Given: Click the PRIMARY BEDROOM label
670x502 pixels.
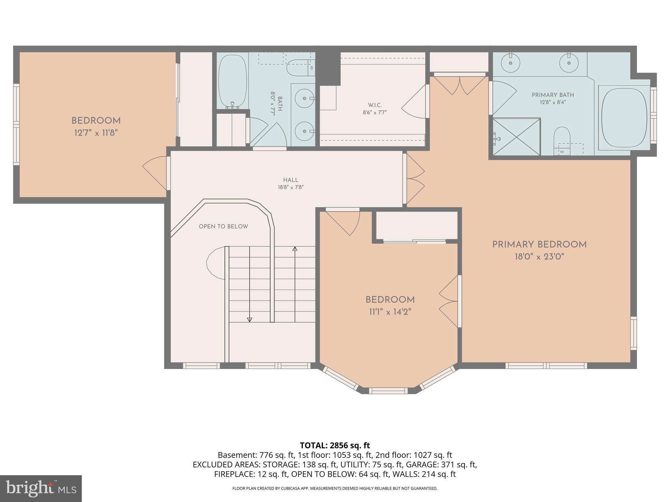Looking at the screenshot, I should tap(539, 244).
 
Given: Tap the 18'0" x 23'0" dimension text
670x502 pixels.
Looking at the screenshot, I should tap(539, 257).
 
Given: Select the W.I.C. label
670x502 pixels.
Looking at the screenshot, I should tap(375, 105).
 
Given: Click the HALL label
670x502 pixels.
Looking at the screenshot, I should tap(291, 180).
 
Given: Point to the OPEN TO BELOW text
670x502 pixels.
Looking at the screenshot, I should tap(223, 226).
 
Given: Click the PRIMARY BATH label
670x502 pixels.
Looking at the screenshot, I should tap(553, 95).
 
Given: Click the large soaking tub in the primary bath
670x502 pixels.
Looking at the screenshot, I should tap(624, 118).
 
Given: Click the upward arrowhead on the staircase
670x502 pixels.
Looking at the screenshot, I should tap(295, 249).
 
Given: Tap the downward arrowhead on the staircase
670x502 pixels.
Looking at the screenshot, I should tap(250, 320).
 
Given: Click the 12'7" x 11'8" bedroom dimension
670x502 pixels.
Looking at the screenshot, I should tap(96, 133).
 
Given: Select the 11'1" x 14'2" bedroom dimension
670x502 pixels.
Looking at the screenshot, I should tap(390, 312).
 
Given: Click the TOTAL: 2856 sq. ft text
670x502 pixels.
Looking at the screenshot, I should tap(335, 445).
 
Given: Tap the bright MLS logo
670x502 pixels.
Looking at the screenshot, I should tap(41, 488).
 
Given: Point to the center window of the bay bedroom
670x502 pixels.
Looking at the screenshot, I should tap(388, 390).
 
